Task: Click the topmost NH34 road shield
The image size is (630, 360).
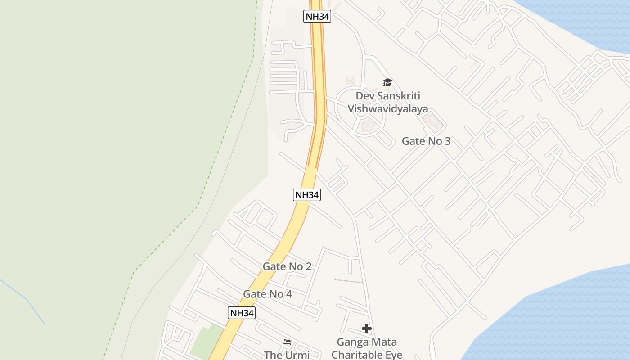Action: click(x=317, y=16)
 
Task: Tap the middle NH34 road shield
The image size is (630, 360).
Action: click(x=307, y=195)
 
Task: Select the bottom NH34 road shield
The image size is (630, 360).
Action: click(x=242, y=313)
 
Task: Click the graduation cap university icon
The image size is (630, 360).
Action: click(x=387, y=82)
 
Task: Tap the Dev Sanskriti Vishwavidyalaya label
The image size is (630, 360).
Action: click(x=387, y=102)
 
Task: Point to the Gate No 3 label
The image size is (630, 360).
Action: click(x=426, y=141)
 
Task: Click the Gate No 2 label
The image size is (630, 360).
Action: click(x=287, y=266)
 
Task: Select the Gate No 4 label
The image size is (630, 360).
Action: click(x=268, y=294)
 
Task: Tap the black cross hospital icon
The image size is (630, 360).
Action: click(x=367, y=328)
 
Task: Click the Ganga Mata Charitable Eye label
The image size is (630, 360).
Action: click(x=367, y=349)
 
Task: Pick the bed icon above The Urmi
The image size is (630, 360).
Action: click(x=287, y=342)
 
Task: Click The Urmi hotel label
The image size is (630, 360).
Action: click(x=287, y=355)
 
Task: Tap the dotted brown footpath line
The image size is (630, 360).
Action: click(x=348, y=281)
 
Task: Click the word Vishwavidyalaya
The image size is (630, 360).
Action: click(x=387, y=109)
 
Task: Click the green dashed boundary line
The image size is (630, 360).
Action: click(x=166, y=238)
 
